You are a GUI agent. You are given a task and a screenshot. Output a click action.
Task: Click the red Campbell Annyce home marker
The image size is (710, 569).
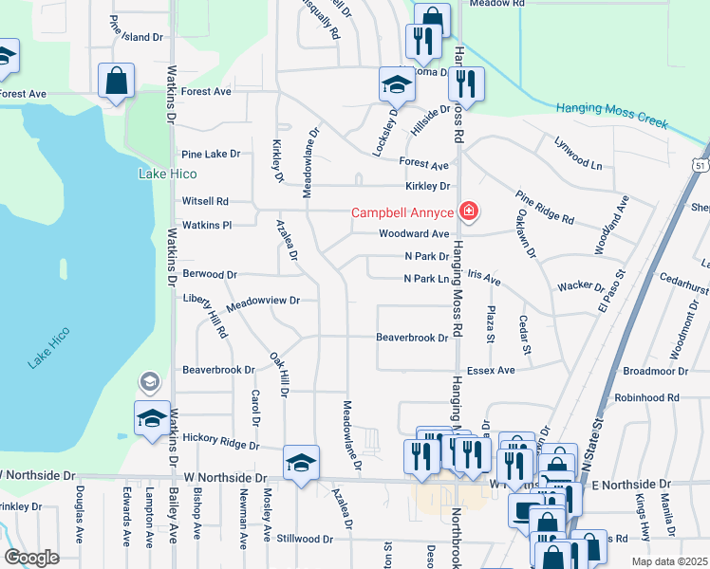(468, 211)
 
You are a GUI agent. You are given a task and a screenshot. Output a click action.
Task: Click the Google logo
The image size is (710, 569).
(32, 558)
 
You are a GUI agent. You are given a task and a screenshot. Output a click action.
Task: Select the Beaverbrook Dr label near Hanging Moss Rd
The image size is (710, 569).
(411, 338)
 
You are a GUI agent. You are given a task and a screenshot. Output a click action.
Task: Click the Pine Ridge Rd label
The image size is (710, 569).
(545, 207)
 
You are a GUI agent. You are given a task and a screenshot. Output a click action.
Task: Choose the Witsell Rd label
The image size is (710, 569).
(205, 201)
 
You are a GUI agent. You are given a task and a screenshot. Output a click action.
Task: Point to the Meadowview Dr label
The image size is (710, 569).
(263, 300)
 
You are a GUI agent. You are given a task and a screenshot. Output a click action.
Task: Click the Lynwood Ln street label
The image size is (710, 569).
(578, 152)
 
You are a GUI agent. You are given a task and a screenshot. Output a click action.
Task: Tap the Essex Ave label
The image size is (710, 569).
(490, 370)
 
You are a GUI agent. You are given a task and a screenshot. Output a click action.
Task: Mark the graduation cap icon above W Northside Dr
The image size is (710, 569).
(302, 464)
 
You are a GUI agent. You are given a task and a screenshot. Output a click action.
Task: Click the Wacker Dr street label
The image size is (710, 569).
(581, 285)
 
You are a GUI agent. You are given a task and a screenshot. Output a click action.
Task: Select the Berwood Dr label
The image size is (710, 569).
(210, 274)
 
